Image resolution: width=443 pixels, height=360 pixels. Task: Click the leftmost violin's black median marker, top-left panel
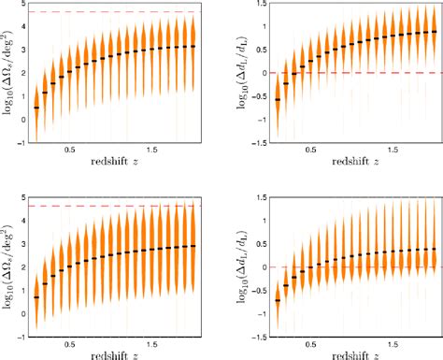coord(36,108)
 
